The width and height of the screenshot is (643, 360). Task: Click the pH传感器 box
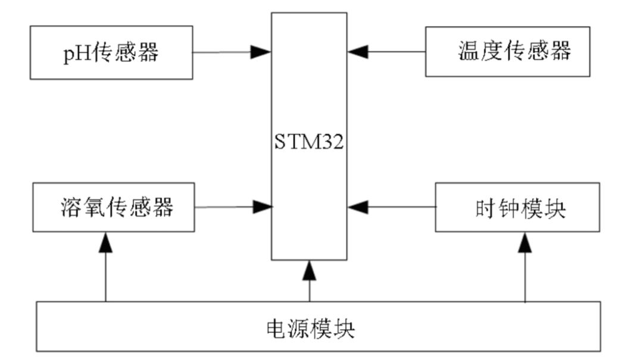click(x=111, y=52)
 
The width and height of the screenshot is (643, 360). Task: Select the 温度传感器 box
click(x=508, y=52)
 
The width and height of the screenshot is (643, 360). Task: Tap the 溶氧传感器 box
click(x=113, y=208)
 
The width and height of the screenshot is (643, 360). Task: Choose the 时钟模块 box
click(x=517, y=207)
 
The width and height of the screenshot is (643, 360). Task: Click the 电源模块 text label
click(x=310, y=328)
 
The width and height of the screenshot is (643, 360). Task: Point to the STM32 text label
click(x=309, y=143)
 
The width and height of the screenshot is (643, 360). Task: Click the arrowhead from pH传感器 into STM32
click(x=261, y=52)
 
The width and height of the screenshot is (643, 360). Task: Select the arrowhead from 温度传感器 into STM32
click(x=359, y=52)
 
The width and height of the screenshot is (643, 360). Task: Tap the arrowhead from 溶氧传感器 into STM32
click(x=262, y=207)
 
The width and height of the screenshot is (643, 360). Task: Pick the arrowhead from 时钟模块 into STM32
click(x=359, y=207)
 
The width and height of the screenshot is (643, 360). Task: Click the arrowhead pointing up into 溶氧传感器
click(x=105, y=242)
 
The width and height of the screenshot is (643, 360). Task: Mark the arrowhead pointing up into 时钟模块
click(x=525, y=242)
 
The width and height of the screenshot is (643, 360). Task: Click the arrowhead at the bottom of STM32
click(x=309, y=270)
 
